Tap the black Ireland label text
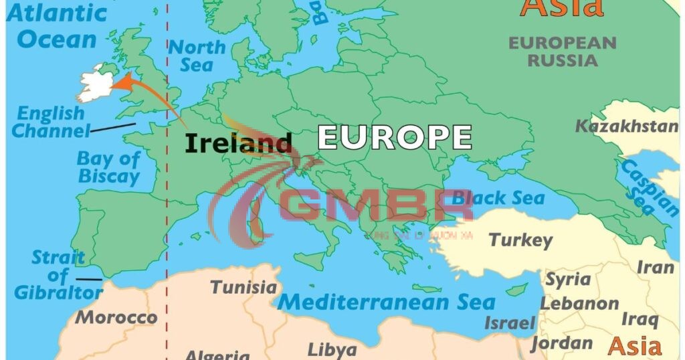point(238,143)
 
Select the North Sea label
point(197,56)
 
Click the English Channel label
point(51,122)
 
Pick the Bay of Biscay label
point(108,167)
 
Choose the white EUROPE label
point(395,137)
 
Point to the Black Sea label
point(498,198)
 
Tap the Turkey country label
point(520,240)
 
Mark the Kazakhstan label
point(627,126)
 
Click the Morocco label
point(116,317)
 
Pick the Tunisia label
point(243,287)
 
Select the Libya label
point(332,349)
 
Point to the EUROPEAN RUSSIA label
point(563,52)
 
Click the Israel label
point(509,323)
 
